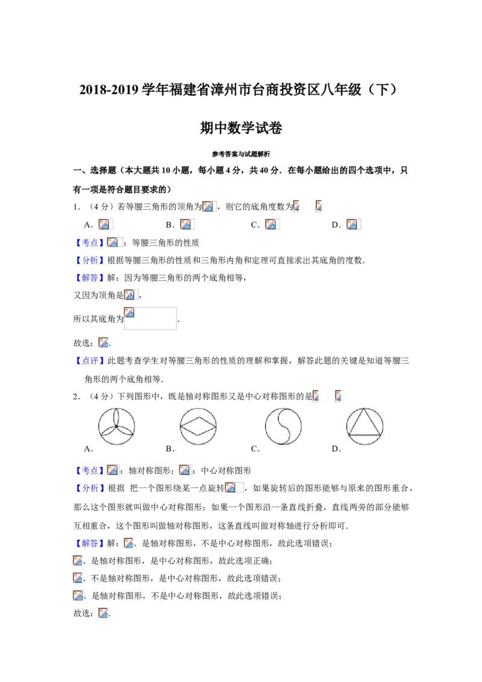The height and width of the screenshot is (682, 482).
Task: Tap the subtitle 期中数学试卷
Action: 241,128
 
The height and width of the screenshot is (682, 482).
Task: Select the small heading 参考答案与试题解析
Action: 241,154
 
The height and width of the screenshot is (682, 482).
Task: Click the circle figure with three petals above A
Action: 117,427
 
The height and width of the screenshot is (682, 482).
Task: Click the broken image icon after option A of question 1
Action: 105,224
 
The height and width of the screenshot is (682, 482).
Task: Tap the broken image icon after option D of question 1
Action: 353,224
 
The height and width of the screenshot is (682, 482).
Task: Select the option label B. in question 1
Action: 170,225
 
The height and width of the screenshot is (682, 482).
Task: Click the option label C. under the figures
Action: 255,449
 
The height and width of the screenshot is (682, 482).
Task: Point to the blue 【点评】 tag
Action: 90,360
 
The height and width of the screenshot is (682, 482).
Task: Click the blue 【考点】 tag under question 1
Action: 90,243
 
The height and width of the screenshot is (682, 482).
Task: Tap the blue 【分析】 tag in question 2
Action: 90,489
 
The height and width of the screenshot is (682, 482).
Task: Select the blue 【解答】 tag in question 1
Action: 90,278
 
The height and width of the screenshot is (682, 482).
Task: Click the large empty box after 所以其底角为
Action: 151,318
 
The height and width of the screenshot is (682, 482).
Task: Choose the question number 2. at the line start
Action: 77,396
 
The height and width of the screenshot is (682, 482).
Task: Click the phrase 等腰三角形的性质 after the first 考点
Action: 165,243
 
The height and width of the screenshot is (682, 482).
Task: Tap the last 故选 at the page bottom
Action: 82,613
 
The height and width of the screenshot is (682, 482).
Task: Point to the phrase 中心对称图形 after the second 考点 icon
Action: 226,471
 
